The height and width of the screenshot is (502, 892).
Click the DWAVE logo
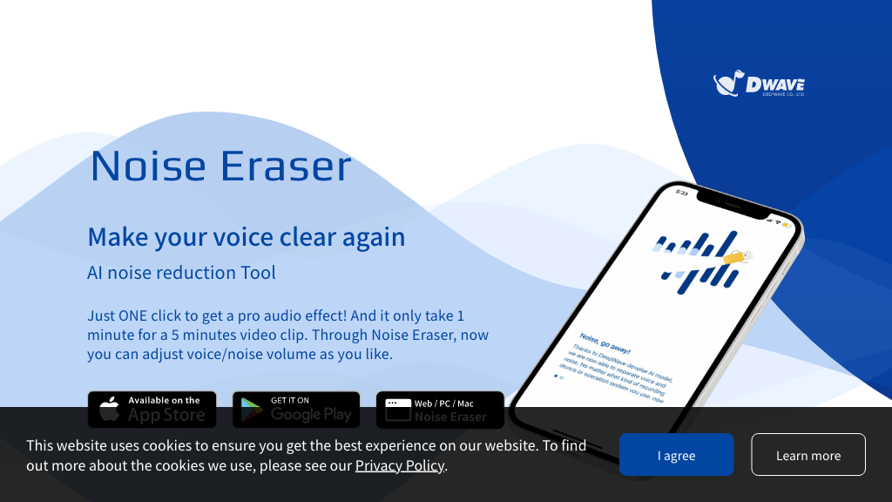(x=759, y=85)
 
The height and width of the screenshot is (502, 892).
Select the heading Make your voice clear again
(x=247, y=237)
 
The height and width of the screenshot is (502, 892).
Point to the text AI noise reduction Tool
(x=181, y=273)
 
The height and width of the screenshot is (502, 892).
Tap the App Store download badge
(x=152, y=410)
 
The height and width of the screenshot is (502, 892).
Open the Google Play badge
(x=295, y=410)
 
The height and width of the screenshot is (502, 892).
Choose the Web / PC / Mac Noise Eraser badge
(x=440, y=410)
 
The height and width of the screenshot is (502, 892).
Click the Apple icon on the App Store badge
(x=109, y=410)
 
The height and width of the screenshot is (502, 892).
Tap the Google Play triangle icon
(x=253, y=410)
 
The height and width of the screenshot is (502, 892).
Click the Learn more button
(x=808, y=455)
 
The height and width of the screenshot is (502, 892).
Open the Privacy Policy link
(x=400, y=465)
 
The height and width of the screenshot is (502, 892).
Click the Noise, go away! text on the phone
(x=605, y=342)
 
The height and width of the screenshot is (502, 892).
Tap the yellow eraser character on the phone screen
(x=736, y=256)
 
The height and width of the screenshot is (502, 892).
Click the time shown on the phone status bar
(x=682, y=193)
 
